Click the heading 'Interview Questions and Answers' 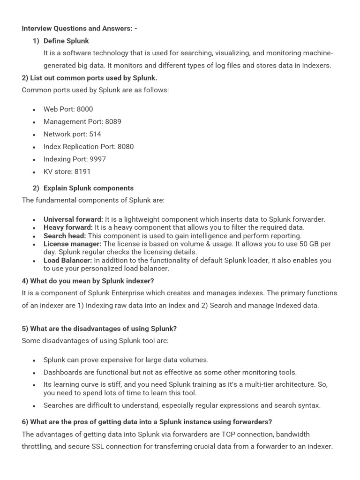point(77,29)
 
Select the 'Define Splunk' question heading point(66,41)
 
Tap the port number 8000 point(85,109)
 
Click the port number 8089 point(113,122)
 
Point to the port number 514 point(95,134)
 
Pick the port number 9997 point(97,159)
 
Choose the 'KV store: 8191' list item point(67,172)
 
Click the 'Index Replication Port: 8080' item point(89,147)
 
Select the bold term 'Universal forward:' point(73,219)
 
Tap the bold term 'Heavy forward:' point(68,228)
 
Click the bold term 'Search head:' point(65,236)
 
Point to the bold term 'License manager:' point(72,244)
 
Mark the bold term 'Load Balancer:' point(67,261)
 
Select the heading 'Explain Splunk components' point(89,188)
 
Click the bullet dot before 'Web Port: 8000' point(34,110)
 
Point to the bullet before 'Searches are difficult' point(34,406)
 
